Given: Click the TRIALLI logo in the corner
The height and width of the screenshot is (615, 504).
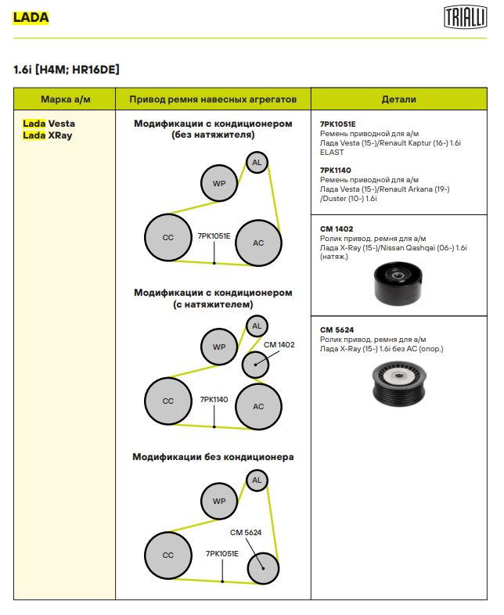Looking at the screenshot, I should [463, 16].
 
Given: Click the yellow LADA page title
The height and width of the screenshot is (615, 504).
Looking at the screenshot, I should [31, 16].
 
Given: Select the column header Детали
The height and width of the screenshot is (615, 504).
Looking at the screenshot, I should [398, 99].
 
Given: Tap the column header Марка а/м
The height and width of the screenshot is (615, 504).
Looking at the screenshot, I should [65, 99].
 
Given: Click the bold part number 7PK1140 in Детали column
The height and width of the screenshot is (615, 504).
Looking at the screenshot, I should [336, 170].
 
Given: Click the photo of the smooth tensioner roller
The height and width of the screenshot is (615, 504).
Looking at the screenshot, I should [398, 283].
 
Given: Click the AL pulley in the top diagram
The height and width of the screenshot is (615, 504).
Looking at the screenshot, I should [256, 163].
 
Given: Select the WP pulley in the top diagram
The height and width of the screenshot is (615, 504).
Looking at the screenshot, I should [218, 184].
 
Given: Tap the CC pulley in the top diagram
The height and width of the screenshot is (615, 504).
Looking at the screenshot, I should [167, 237].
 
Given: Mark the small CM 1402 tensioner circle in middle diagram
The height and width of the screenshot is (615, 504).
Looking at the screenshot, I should [254, 364].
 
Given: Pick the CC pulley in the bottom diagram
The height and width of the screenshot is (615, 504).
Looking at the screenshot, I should [167, 555].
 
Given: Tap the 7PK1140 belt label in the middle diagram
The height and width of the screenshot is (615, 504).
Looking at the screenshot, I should [214, 399].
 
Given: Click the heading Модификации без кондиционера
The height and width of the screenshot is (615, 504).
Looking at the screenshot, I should [213, 457].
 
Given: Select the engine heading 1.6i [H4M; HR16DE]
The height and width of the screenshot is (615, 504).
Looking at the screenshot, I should [67, 70].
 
